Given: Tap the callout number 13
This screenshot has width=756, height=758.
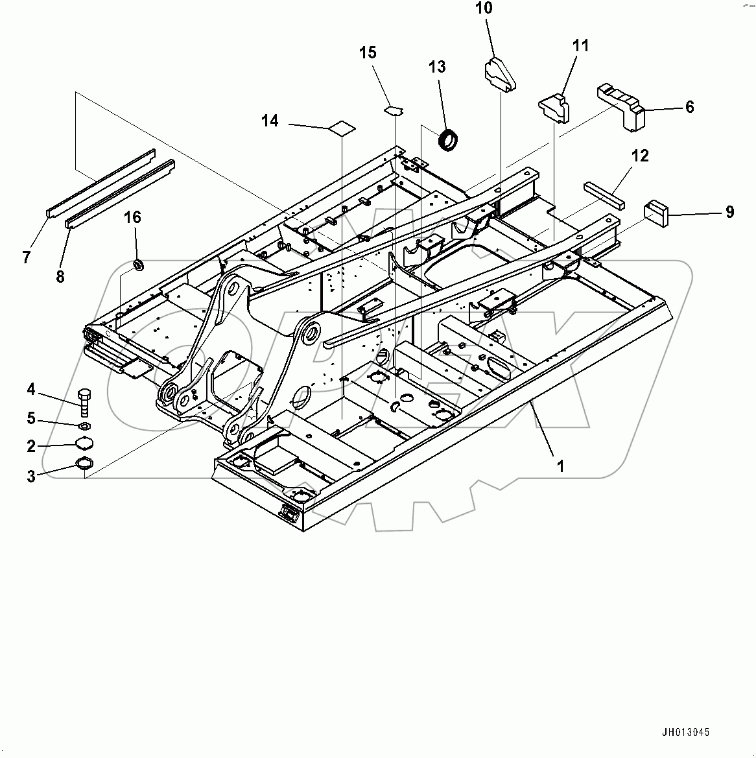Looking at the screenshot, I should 437,66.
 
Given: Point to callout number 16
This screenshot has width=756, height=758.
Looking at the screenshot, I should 132,217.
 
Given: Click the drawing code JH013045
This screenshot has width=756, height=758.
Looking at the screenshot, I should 685,732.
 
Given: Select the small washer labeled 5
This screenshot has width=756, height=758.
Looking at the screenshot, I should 84,427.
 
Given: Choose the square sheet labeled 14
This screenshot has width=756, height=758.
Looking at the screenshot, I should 341,128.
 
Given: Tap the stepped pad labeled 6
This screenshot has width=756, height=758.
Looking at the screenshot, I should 621,106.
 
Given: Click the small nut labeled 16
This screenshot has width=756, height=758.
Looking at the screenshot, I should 138,265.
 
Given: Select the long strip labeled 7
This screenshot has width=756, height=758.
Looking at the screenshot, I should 100,184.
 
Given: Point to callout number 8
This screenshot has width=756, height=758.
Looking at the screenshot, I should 60,277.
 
